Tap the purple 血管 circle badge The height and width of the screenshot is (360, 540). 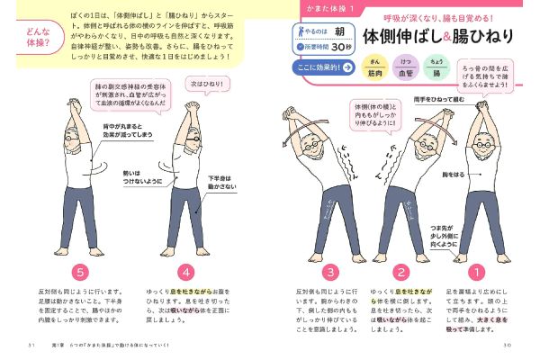[407, 68]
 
